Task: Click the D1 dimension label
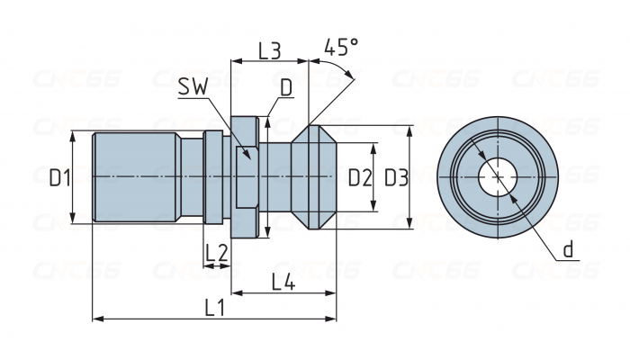point(59,177)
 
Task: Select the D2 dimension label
point(360,177)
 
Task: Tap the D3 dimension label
point(396,177)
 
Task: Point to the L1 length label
point(214,307)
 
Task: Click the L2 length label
point(216,254)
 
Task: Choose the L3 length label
point(270,50)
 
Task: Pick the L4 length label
point(283,282)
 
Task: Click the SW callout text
point(192,86)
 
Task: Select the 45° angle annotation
point(341,47)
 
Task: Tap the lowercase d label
point(569,249)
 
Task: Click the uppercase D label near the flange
point(285,87)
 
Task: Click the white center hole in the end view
point(493,176)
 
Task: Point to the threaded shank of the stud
point(135,177)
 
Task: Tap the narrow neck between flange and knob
point(279,177)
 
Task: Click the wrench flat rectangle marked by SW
point(246,177)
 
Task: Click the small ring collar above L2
point(213,177)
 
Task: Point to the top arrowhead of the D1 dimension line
point(71,136)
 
